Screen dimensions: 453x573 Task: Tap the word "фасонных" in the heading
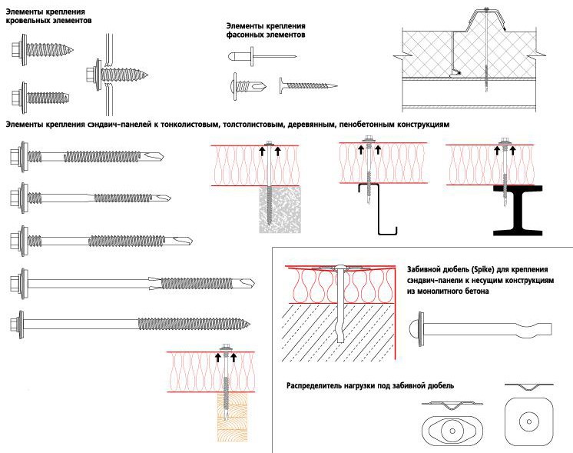tap(245, 35)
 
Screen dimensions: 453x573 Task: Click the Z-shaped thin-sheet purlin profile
tap(381, 208)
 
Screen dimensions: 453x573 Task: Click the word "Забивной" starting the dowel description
tap(428, 268)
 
